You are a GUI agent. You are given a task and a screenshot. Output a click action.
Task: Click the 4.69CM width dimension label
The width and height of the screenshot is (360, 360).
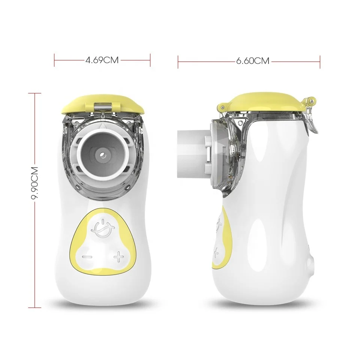[x=102, y=60]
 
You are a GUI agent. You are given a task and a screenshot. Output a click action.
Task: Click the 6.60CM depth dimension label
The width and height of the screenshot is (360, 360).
[x=252, y=61]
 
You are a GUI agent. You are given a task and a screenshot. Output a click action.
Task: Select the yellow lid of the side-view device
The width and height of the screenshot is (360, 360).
[x=264, y=103]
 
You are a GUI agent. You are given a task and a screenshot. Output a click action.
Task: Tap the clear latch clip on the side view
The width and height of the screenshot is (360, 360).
[x=310, y=117]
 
